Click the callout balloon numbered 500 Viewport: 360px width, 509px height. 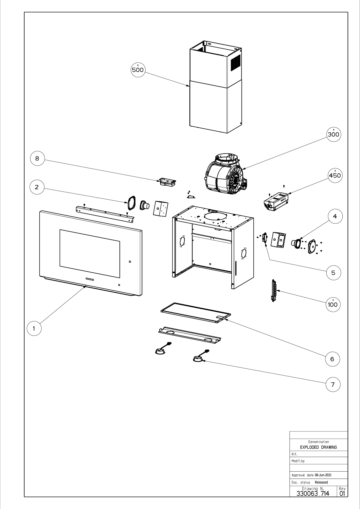(x=138, y=70)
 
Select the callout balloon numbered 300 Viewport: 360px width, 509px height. (x=333, y=134)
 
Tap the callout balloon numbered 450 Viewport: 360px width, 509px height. (x=335, y=175)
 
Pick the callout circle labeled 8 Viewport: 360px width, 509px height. (x=37, y=158)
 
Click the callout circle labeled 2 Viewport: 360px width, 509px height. (x=37, y=187)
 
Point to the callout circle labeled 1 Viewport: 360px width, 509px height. (x=34, y=328)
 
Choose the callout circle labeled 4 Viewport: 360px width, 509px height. (x=335, y=216)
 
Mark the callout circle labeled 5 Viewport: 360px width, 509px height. (x=333, y=273)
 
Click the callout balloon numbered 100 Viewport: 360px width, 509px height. (x=333, y=304)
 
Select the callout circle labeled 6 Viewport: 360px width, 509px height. (x=332, y=359)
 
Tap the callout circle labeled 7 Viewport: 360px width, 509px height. (x=333, y=385)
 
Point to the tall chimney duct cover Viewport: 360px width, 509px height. (x=215, y=87)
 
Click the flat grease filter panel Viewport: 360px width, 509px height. (x=196, y=313)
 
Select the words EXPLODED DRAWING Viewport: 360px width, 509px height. (x=318, y=447)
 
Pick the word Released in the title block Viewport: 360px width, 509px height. (x=321, y=482)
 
